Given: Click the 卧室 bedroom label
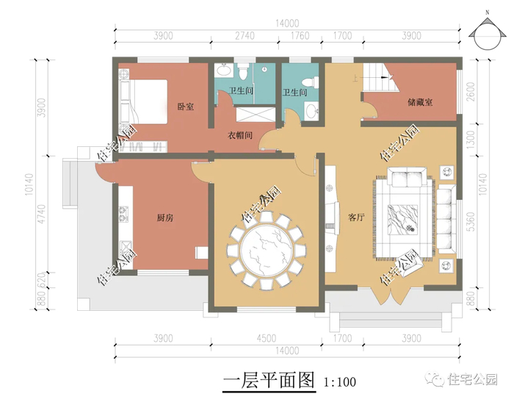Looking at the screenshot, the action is (186, 107).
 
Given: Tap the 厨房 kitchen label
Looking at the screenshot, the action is (165, 218).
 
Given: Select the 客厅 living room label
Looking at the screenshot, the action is (356, 218).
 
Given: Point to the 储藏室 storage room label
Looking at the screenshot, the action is (420, 102).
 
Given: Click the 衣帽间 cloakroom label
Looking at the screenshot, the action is (240, 135).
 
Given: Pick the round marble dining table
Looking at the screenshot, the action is (266, 251).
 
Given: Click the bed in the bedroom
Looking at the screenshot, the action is (143, 101).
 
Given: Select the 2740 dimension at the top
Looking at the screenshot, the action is (245, 35).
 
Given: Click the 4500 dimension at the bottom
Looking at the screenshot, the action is (266, 338).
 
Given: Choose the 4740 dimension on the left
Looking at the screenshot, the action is (41, 215).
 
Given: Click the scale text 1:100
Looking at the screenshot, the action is (340, 382).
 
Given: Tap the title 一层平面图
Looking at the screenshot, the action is (269, 381).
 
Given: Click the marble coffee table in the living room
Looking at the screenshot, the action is (403, 220).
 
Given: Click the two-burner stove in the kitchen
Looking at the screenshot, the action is (123, 212).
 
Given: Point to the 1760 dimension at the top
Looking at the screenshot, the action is (300, 35).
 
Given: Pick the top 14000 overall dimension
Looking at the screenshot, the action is (287, 24).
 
